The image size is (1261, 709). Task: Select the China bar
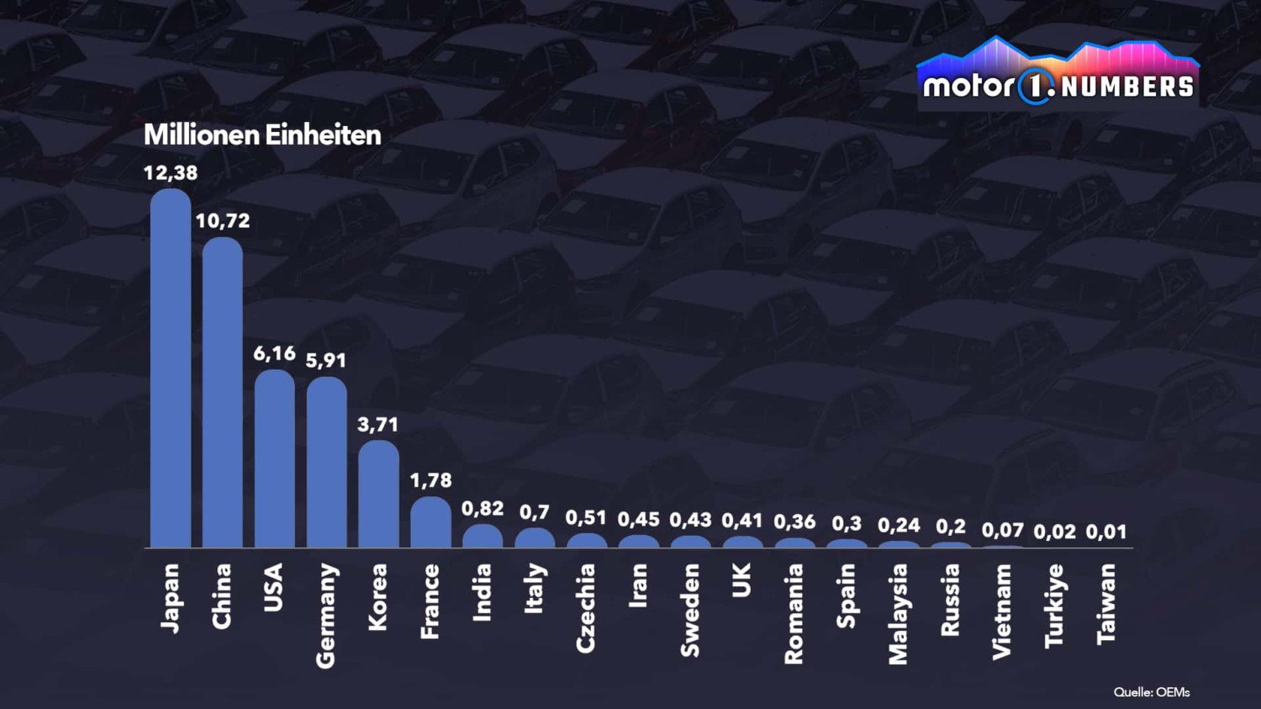pos(223,393)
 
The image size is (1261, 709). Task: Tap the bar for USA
pos(275,459)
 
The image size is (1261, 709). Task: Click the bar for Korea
pos(378,495)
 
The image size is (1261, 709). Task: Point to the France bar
pos(430,522)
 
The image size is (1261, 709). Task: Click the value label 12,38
pos(171,173)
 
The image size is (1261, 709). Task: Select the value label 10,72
pos(223,221)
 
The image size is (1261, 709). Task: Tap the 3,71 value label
pos(378,425)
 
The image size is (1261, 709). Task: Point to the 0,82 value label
pos(483,509)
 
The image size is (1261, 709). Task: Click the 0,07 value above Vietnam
pos(1003,531)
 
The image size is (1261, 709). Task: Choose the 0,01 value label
pos(1106,532)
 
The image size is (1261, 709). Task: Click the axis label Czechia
pos(586,608)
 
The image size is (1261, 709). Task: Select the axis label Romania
pos(794,614)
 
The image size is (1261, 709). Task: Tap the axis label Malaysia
pos(898,614)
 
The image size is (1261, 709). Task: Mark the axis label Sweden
pos(690,610)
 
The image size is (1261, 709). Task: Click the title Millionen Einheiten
pos(262,135)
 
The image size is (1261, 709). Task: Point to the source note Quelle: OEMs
pos(1152,692)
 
